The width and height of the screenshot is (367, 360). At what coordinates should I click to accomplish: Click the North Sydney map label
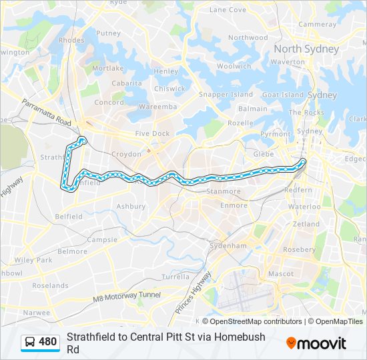click(306, 49)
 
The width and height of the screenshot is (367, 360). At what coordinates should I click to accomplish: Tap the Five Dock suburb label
click(152, 133)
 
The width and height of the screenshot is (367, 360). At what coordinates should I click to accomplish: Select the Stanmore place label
click(224, 191)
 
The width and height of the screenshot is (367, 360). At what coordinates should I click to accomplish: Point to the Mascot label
click(280, 273)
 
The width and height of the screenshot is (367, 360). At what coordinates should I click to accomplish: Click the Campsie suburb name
click(102, 239)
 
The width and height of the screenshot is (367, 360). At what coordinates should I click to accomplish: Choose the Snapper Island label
click(226, 95)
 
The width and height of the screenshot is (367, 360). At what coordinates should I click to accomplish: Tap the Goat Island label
click(283, 95)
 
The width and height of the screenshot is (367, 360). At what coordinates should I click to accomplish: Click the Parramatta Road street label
click(46, 113)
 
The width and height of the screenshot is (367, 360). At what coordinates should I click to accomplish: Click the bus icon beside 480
click(30, 343)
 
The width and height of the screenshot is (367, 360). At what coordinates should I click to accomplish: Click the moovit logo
click(316, 343)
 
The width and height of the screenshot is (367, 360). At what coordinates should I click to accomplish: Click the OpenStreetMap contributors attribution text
click(251, 321)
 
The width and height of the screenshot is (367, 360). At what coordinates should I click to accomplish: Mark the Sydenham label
click(228, 246)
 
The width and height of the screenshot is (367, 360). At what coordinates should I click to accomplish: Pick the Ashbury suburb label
click(131, 207)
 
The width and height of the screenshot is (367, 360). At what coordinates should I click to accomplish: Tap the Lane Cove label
click(228, 10)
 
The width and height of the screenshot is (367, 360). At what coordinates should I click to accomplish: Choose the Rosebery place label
click(300, 249)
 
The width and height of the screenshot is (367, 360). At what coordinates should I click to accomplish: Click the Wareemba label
click(158, 107)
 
